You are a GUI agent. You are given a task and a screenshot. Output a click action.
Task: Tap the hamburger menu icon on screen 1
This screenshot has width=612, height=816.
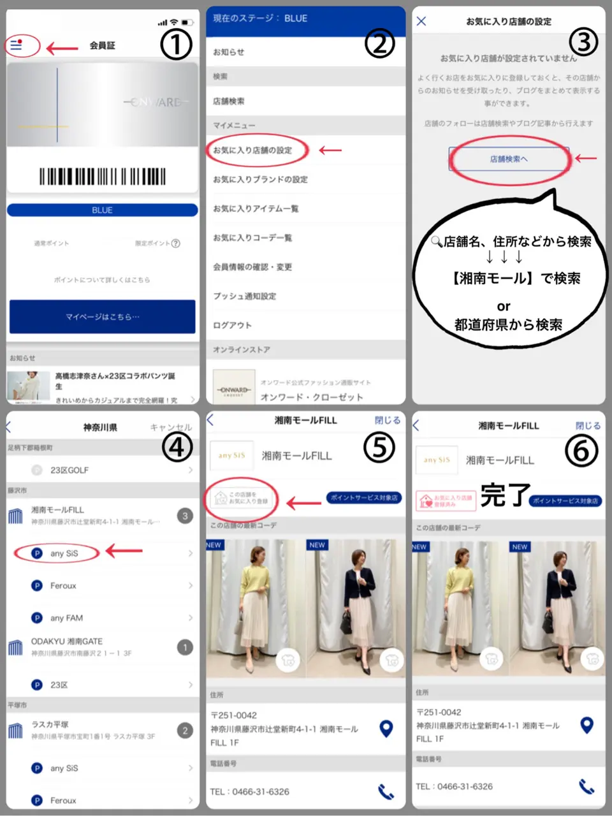16,45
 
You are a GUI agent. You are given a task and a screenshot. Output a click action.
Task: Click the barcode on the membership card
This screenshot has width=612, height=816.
102,177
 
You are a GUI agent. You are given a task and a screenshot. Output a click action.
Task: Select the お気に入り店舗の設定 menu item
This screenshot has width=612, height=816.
252,150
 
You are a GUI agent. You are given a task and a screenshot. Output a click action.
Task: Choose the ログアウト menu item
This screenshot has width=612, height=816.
232,325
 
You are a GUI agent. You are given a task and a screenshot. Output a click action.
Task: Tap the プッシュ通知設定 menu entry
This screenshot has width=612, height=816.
244,296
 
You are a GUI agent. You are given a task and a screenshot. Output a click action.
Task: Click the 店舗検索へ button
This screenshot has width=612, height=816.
509,159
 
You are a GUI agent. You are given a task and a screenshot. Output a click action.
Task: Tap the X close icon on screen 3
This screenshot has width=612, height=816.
421,21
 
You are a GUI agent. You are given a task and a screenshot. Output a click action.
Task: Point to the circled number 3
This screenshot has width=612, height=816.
583,42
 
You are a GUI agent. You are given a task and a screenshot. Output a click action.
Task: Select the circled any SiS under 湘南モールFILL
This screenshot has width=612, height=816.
64,553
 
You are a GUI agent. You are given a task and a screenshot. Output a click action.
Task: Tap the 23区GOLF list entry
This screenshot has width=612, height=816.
69,470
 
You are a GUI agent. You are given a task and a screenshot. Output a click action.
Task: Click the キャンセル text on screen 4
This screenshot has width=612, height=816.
170,427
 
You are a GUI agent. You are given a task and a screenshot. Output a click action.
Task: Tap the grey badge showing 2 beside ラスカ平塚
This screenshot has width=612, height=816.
185,731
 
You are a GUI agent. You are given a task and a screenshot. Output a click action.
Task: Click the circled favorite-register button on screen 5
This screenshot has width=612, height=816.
242,499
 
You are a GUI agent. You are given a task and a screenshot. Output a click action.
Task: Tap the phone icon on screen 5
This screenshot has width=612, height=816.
386,792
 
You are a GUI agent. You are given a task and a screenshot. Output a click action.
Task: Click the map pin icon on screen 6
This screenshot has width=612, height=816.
586,725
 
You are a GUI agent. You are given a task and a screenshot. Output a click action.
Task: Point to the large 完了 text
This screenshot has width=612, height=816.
505,495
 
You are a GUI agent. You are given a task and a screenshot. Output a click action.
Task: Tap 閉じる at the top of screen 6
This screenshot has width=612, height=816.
588,425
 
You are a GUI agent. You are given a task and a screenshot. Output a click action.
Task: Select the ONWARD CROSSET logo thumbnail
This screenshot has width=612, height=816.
234,388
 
